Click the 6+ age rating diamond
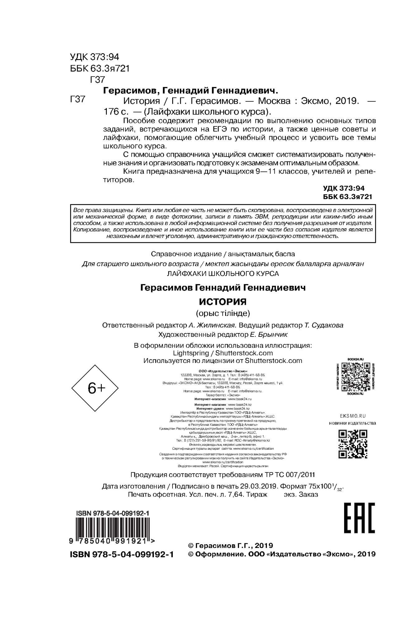click(95, 388)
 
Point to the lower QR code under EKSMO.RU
click(353, 444)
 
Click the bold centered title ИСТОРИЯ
click(223, 302)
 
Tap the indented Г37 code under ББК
click(97, 80)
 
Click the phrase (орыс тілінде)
click(223, 313)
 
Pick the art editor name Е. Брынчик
click(268, 335)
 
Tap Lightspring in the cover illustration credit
click(191, 353)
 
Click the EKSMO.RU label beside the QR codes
click(353, 416)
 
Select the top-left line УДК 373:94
click(95, 57)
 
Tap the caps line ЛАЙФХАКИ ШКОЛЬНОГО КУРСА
click(223, 274)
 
